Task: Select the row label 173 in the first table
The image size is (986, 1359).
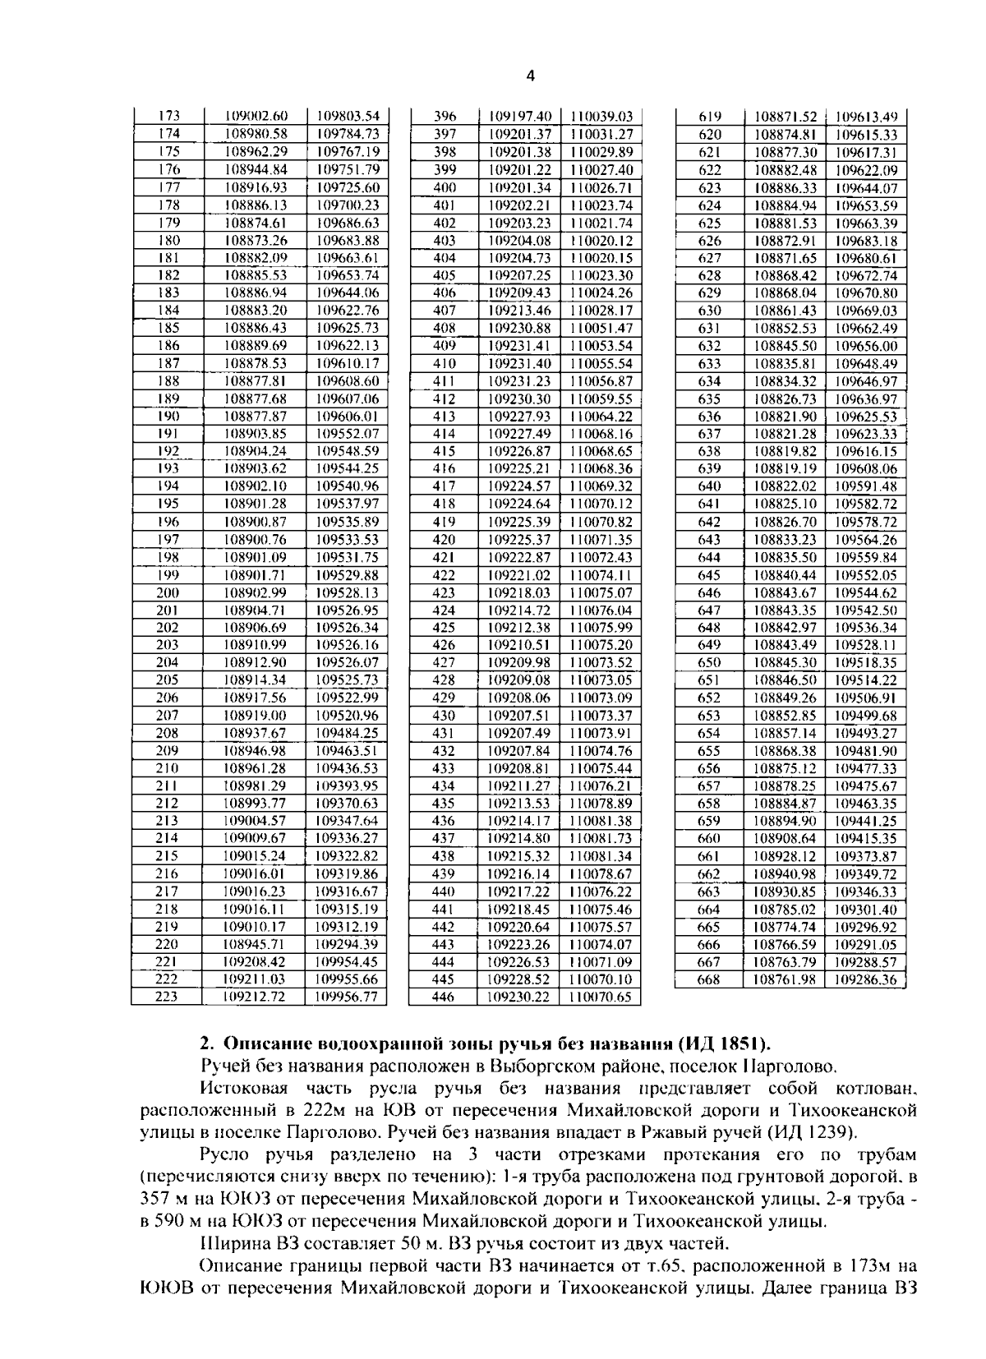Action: (168, 116)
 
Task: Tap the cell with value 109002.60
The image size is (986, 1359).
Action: (256, 116)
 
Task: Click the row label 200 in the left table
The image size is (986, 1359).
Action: (168, 592)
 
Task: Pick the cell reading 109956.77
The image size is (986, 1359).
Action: (347, 997)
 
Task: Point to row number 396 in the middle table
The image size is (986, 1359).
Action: (445, 116)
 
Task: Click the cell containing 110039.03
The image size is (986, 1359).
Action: (601, 116)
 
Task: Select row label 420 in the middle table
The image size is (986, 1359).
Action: (445, 540)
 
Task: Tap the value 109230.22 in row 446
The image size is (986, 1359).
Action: (519, 997)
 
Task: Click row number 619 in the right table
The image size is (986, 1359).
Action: (709, 116)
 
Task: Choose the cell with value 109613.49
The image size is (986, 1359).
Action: (866, 116)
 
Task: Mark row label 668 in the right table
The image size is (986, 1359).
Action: (708, 979)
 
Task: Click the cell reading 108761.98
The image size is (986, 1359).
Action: (786, 979)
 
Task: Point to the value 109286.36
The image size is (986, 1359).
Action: (866, 979)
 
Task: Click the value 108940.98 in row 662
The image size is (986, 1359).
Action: (786, 874)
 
